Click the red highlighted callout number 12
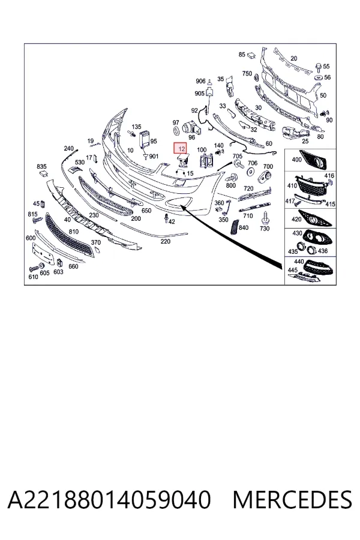181,149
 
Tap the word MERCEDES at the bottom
292,500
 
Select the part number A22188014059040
109,500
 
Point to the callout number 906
200,81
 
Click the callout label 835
41,167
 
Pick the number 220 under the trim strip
166,241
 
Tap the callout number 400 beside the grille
296,160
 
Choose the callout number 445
292,270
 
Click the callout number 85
242,55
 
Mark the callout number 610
33,277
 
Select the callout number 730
265,229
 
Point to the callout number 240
69,148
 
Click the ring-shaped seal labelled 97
176,131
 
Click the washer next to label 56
319,77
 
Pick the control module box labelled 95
145,139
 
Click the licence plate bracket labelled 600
43,254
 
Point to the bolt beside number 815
36,220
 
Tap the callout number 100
202,150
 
